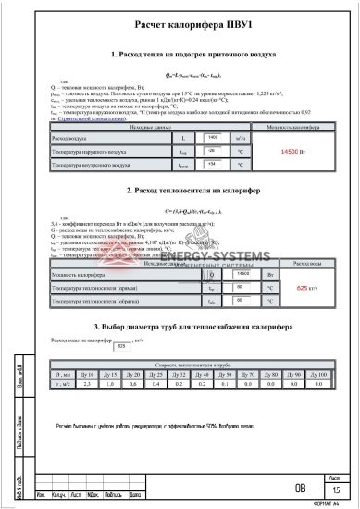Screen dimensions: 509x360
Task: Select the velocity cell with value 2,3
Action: (x=86, y=381)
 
